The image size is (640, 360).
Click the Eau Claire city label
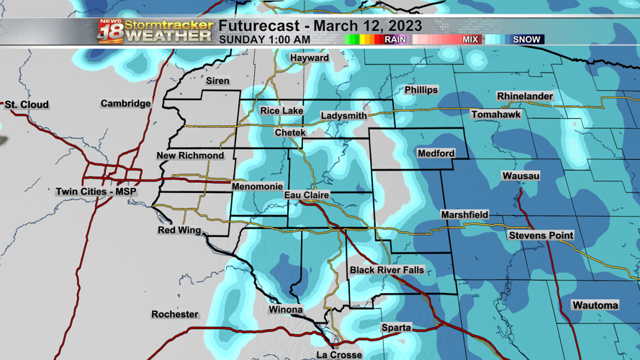pyautogui.click(x=307, y=195)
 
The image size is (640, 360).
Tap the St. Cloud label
pyautogui.click(x=27, y=105)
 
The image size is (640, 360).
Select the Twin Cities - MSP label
pyautogui.click(x=96, y=192)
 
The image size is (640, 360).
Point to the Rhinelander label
pyautogui.click(x=525, y=96)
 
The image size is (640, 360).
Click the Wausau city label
pyautogui.click(x=520, y=176)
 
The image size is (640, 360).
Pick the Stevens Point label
pyautogui.click(x=541, y=235)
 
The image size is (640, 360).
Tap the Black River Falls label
pyautogui.click(x=387, y=270)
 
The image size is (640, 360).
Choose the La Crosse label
pyautogui.click(x=339, y=354)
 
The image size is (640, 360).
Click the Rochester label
pyautogui.click(x=174, y=314)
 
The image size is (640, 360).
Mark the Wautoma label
pyautogui.click(x=595, y=305)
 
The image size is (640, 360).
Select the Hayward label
pyautogui.click(x=309, y=58)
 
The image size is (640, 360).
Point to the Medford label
pyautogui.click(x=436, y=153)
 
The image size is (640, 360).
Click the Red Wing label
pyautogui.click(x=179, y=230)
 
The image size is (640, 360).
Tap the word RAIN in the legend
pyautogui.click(x=395, y=40)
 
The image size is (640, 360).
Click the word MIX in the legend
pyautogui.click(x=470, y=40)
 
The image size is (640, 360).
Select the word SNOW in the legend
pyautogui.click(x=526, y=40)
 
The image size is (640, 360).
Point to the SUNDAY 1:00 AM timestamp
pyautogui.click(x=264, y=40)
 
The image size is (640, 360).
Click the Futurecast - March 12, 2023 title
pyautogui.click(x=320, y=26)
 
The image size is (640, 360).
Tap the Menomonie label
pyautogui.click(x=257, y=186)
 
